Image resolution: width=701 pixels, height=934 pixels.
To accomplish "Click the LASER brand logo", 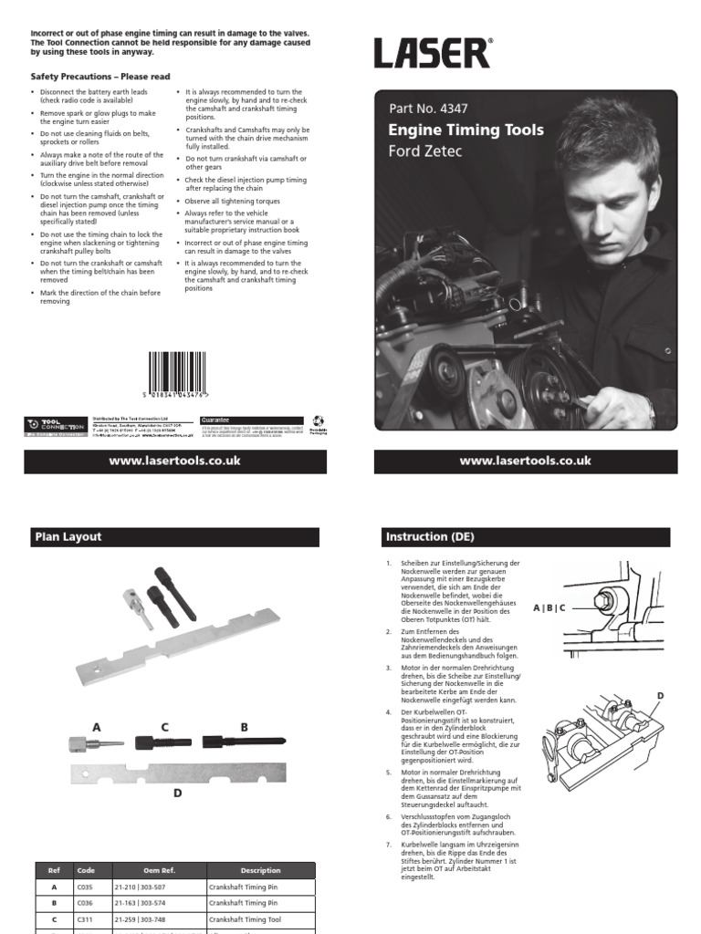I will point(433,53).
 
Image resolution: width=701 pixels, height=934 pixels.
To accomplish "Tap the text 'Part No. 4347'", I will point(428,109).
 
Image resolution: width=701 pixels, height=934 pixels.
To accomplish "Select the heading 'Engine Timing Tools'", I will point(466,130).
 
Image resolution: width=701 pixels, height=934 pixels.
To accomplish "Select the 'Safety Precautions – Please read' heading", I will point(100,77).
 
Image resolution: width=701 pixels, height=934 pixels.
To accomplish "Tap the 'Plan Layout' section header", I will point(68,537).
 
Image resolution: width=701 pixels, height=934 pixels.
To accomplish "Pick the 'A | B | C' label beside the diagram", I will point(549,607).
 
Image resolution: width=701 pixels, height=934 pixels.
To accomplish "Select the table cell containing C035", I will point(86,886).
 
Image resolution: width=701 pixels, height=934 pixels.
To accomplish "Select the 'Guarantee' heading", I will point(216,420).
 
